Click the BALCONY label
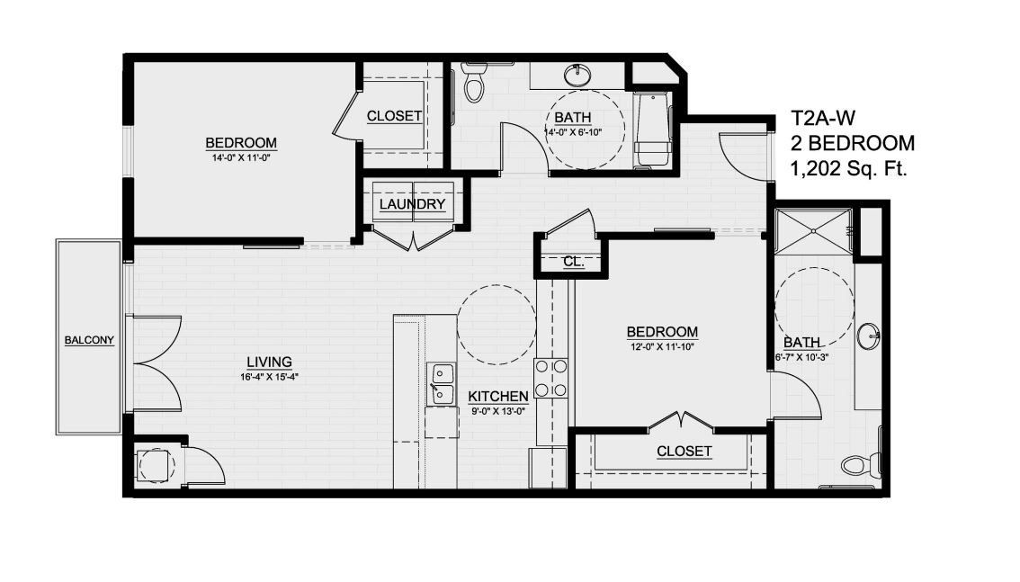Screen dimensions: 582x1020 coord(89,340)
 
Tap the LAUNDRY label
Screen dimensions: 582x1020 coord(412,204)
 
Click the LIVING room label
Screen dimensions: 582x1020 coord(269,363)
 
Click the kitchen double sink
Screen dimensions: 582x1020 coord(442,382)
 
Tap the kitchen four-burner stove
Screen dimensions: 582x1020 coord(550,378)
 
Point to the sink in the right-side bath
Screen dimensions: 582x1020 coord(868,336)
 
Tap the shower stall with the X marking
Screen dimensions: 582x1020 coord(813,232)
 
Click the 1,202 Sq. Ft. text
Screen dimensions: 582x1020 coord(848,167)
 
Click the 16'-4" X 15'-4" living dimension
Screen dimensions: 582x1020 coord(269,377)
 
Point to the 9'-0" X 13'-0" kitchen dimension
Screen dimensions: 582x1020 coord(497,410)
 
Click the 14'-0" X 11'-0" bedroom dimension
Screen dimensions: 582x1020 coord(240,157)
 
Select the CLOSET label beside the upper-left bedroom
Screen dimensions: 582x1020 coord(395,116)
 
